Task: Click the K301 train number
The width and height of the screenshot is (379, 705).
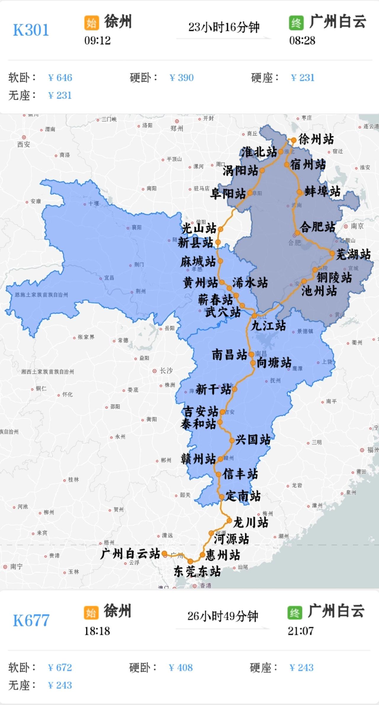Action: (x=31, y=30)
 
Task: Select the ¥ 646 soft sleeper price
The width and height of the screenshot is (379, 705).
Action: (x=60, y=78)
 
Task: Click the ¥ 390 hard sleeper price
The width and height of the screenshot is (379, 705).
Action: (x=182, y=78)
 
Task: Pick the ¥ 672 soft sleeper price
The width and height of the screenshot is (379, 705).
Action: (x=60, y=667)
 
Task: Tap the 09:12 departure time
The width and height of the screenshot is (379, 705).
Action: (x=97, y=41)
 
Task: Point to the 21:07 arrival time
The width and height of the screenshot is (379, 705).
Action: (x=300, y=631)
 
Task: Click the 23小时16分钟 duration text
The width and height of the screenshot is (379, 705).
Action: (x=224, y=27)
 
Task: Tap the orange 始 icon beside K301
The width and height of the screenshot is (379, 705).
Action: (x=91, y=23)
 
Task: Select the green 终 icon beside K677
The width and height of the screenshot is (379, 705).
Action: (x=295, y=613)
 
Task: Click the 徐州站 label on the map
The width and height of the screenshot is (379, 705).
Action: (x=316, y=139)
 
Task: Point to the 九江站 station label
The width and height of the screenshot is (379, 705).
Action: (x=268, y=326)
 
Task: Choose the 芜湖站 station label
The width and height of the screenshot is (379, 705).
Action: (x=353, y=254)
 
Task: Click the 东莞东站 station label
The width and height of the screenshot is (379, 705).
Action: (x=197, y=571)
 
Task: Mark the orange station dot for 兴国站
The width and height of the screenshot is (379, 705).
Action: (x=232, y=441)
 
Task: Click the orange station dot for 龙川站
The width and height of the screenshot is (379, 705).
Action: (x=229, y=521)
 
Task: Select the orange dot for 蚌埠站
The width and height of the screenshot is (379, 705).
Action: (x=299, y=192)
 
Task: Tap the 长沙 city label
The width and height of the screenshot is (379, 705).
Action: (x=166, y=370)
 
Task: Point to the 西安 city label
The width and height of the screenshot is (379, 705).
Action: (x=24, y=144)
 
